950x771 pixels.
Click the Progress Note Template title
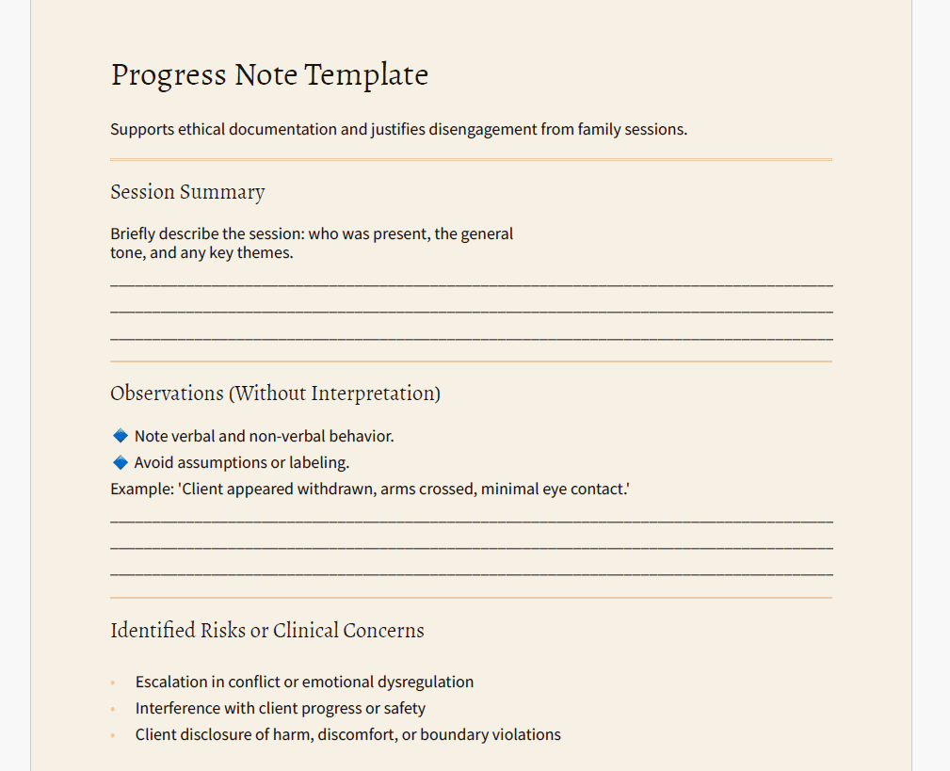coord(269,74)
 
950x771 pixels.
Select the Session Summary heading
coord(187,192)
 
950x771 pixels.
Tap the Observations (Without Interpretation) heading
coord(275,394)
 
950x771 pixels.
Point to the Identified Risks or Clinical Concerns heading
coord(266,631)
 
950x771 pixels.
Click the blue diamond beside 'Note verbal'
coord(120,436)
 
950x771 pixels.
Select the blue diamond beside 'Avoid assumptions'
coord(120,462)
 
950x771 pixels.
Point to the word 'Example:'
coord(141,489)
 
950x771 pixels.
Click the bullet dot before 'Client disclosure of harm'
coord(113,735)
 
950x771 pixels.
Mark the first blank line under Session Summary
coord(471,282)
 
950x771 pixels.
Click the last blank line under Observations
coord(471,572)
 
